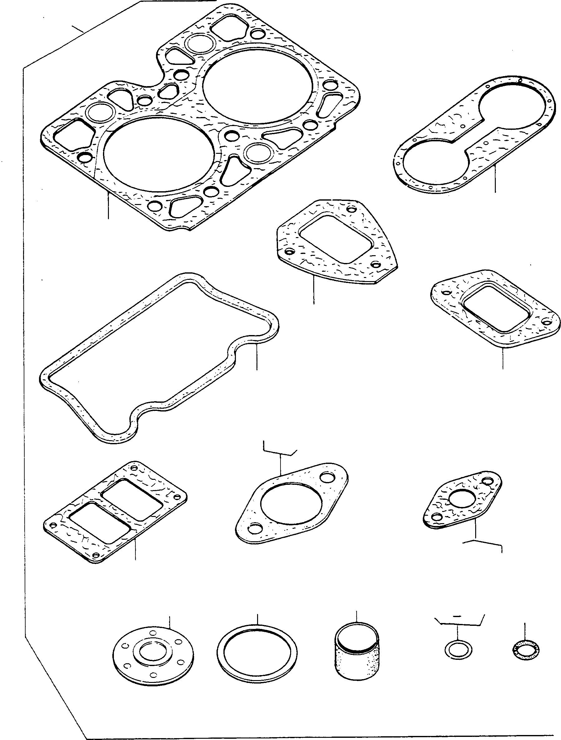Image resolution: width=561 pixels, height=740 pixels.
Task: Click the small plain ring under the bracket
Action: point(459,650)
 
